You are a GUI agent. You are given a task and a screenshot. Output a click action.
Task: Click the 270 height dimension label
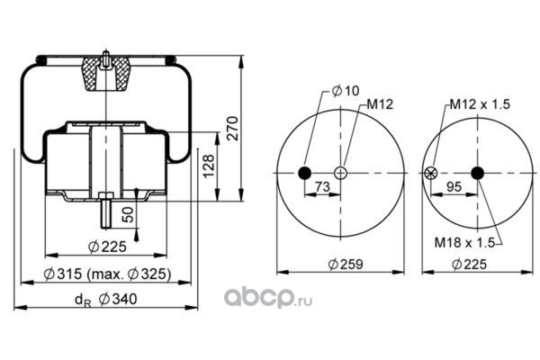click(233, 128)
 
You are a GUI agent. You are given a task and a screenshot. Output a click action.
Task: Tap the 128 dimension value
click(209, 166)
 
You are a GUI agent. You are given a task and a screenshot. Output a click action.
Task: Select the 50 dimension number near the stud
click(128, 214)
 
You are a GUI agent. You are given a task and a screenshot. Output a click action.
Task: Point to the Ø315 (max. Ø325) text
click(107, 274)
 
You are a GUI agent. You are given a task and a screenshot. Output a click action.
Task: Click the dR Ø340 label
click(105, 299)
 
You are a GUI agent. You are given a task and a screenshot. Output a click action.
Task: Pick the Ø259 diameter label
click(346, 265)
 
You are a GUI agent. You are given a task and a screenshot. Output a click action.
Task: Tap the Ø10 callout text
click(346, 91)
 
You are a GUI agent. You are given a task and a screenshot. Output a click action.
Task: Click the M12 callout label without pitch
click(380, 104)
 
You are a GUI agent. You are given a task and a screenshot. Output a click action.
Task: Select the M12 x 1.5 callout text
click(480, 104)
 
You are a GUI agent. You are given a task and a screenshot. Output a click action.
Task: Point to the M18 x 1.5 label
click(464, 242)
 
